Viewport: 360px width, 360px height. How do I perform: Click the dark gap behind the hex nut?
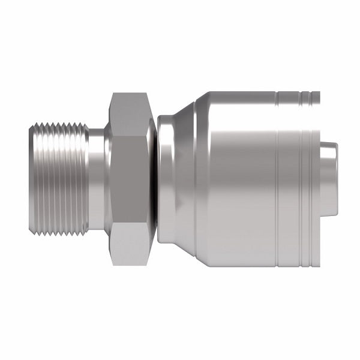point(155,180)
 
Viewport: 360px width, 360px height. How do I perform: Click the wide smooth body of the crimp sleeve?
point(240,180)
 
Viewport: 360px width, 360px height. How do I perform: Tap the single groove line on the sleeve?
point(277,180)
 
